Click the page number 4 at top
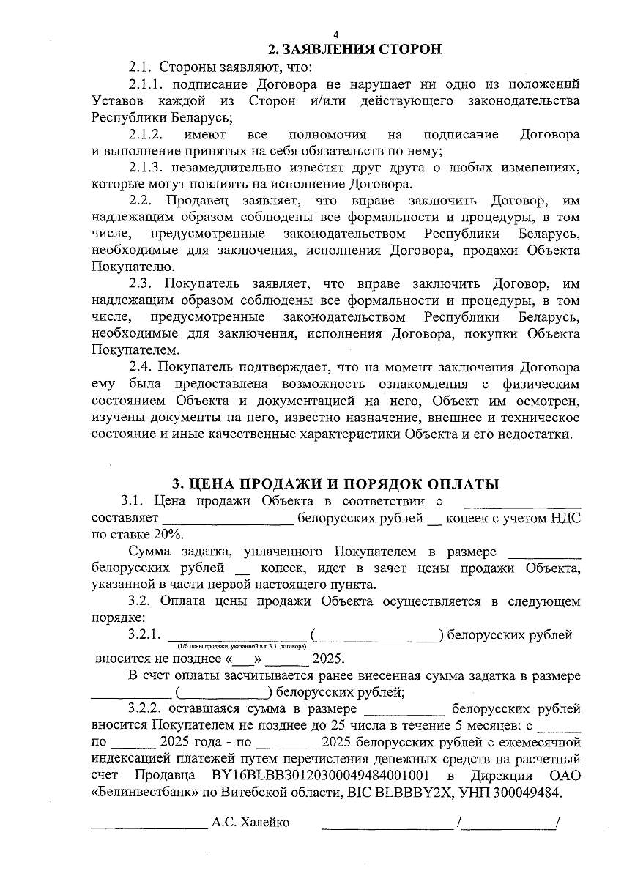(x=335, y=34)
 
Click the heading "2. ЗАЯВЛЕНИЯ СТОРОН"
(x=355, y=50)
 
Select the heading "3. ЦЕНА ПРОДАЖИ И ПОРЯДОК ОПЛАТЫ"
(x=335, y=484)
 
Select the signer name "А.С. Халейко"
(x=250, y=823)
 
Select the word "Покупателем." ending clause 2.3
(x=133, y=351)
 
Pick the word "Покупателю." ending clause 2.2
(x=133, y=267)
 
